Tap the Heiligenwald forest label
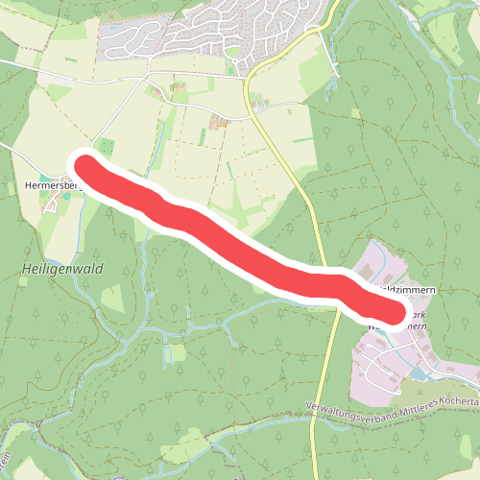pos(60,270)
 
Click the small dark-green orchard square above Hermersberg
pos(106,145)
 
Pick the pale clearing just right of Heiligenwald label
pos(113,298)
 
